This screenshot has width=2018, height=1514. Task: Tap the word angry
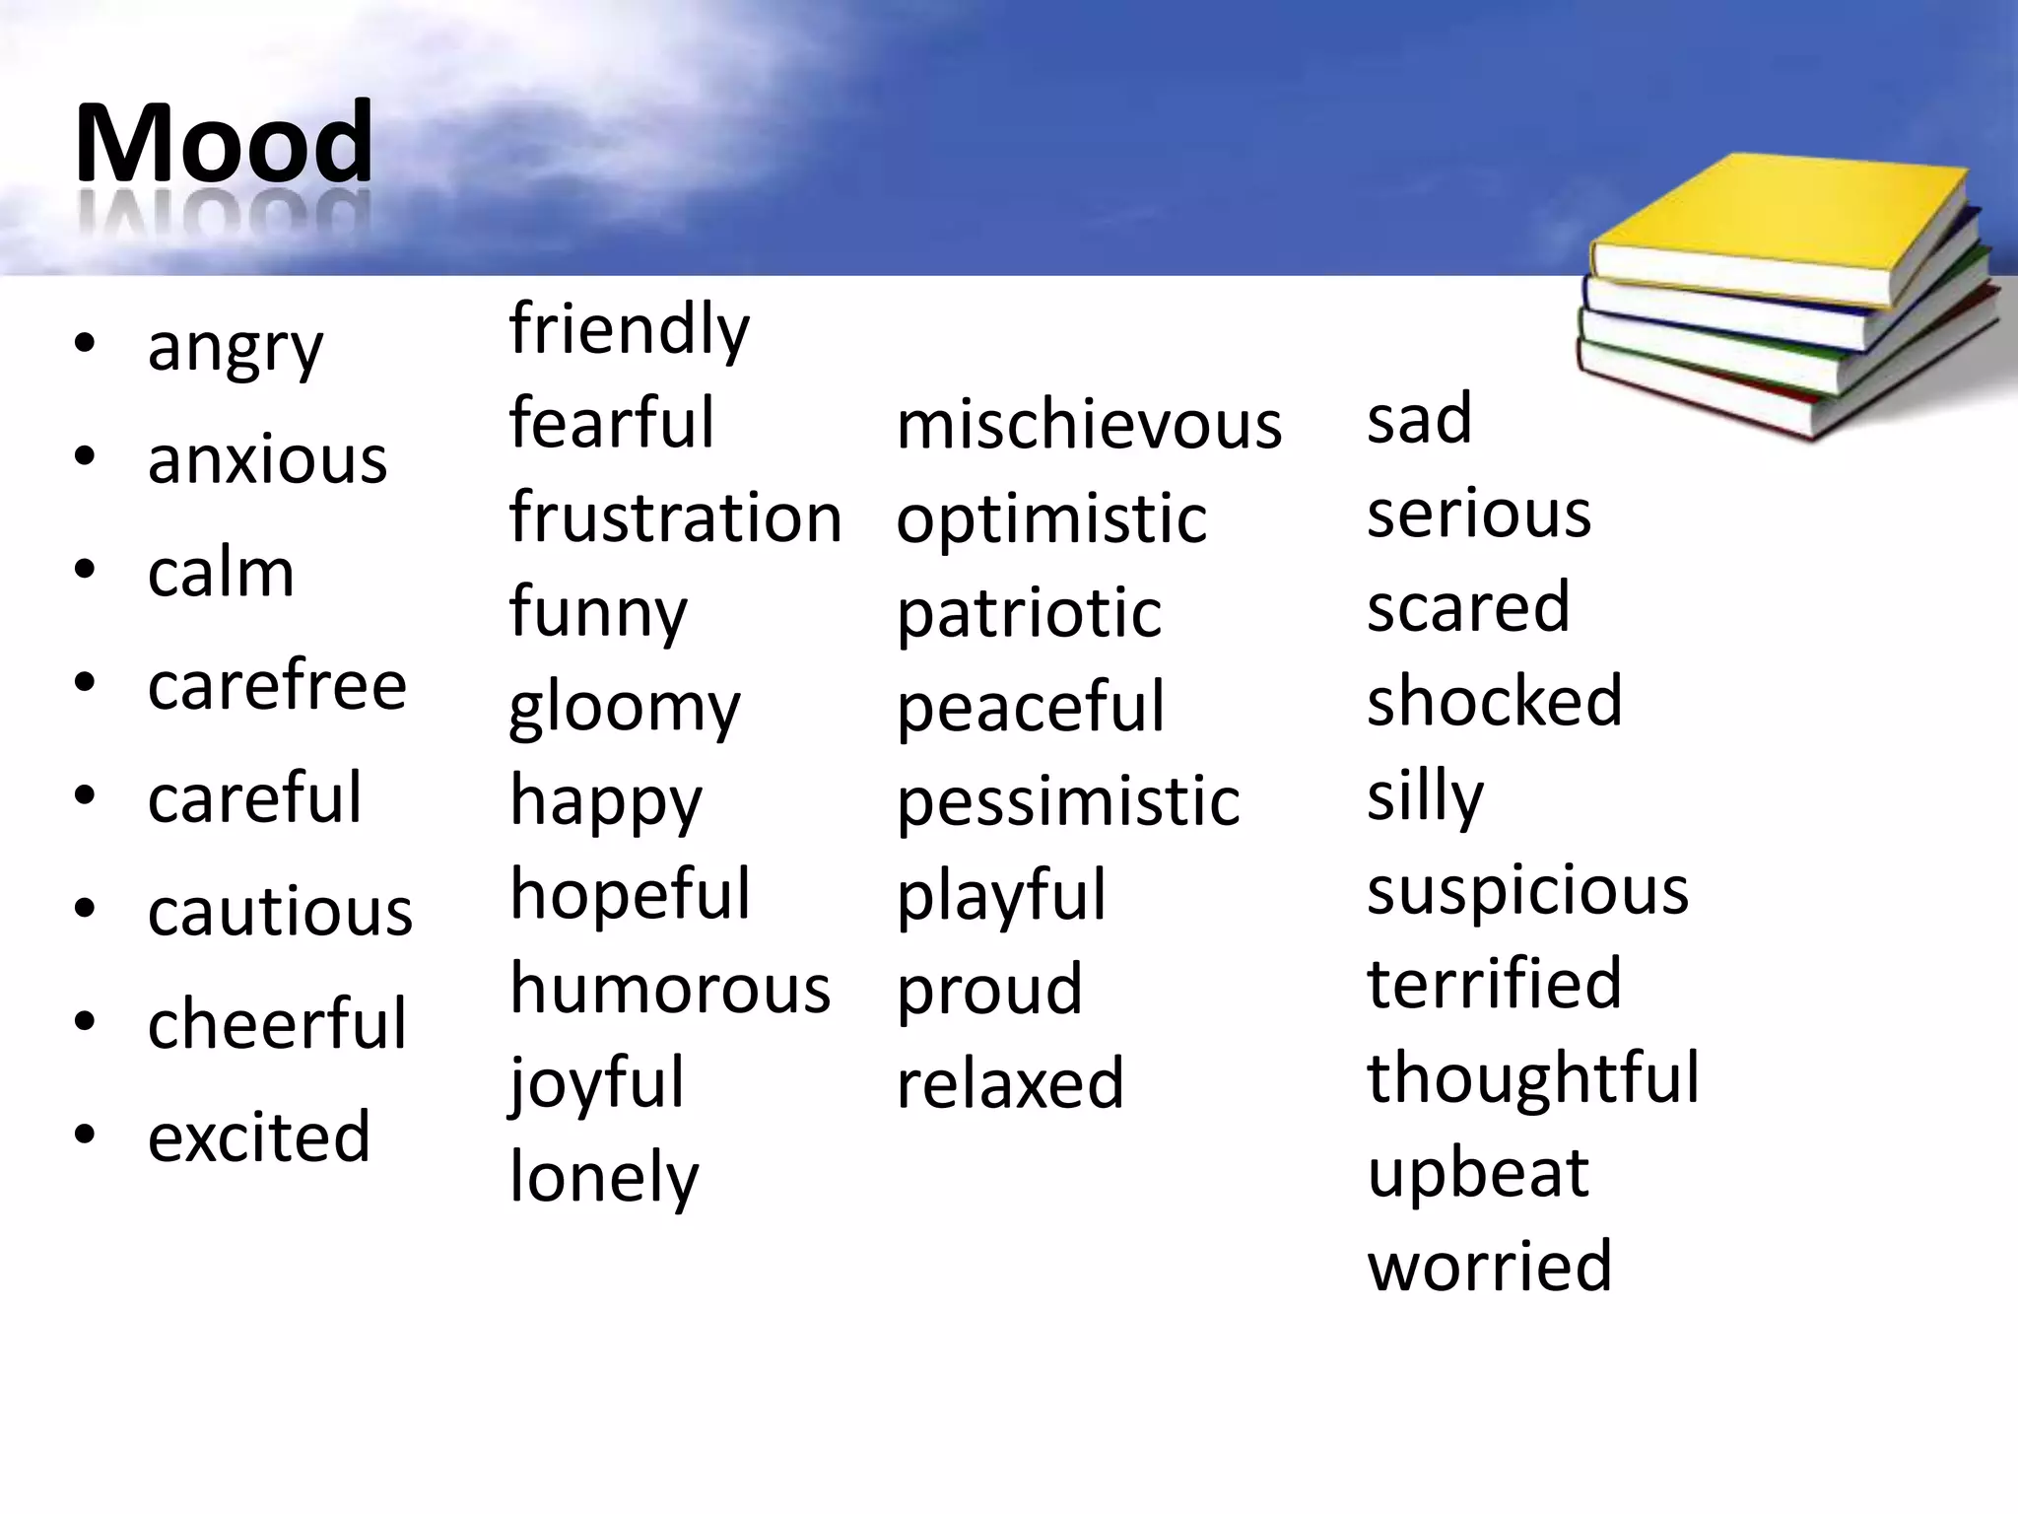(x=235, y=348)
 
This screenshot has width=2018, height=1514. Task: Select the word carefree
(x=277, y=685)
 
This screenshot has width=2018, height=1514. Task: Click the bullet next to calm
(x=85, y=570)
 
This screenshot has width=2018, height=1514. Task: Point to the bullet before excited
(x=85, y=1135)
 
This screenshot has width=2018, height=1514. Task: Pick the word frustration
(x=675, y=516)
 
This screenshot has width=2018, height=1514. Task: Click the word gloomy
(x=624, y=708)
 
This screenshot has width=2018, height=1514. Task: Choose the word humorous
(x=670, y=988)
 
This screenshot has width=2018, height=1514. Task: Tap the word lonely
(x=603, y=1177)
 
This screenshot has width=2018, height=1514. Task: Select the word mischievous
(x=1089, y=425)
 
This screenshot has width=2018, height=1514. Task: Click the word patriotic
(x=1029, y=613)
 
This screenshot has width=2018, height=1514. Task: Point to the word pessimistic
(x=1068, y=800)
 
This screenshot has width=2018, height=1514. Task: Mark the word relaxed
(x=1010, y=1082)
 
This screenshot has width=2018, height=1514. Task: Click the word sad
(x=1419, y=418)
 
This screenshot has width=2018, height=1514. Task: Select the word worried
(x=1490, y=1266)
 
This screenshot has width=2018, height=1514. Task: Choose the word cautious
(x=280, y=911)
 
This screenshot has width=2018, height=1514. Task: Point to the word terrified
(x=1494, y=983)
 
